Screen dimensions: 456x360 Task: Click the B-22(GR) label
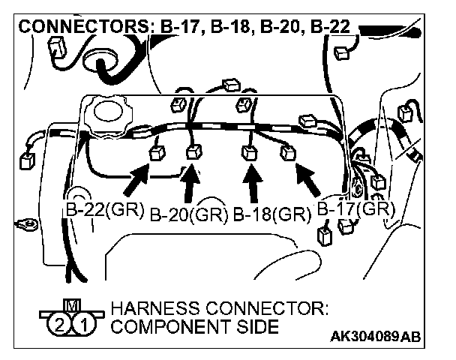click(x=103, y=210)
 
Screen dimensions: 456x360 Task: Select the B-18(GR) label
click(x=271, y=215)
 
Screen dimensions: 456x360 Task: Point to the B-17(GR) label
click(x=355, y=209)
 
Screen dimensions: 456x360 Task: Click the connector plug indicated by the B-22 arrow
click(x=157, y=154)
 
